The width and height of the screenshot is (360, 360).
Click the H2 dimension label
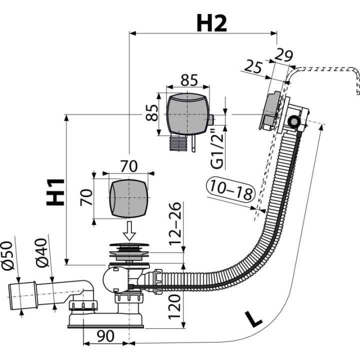[211, 23]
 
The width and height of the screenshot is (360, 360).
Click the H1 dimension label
[55, 192]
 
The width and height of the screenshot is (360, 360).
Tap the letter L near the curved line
[253, 319]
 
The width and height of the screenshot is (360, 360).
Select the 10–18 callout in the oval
[230, 189]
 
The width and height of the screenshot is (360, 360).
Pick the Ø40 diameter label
[42, 253]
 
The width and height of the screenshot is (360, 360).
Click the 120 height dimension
[174, 307]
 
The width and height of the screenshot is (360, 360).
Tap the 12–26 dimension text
[175, 224]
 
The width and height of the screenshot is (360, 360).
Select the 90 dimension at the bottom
[105, 336]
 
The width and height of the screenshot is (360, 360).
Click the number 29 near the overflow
[284, 55]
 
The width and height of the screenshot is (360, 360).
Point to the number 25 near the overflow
[253, 66]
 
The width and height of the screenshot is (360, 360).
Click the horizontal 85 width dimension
[189, 80]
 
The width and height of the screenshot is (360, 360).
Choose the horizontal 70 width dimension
[129, 166]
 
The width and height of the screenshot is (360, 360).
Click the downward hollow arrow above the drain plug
[129, 230]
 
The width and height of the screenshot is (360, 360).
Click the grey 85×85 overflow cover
[188, 114]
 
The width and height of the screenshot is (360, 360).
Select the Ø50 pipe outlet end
[22, 296]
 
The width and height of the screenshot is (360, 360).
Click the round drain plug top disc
[129, 244]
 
